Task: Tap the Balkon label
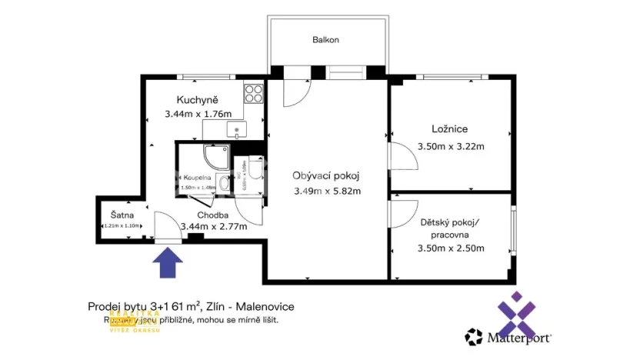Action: [325, 39]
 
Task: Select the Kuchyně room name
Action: [197, 100]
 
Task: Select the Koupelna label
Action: [198, 177]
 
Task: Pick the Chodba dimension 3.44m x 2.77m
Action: [213, 226]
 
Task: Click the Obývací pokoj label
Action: [326, 175]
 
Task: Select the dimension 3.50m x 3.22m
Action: [450, 146]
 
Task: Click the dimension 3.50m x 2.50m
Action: [450, 248]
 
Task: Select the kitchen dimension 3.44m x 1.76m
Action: [197, 115]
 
